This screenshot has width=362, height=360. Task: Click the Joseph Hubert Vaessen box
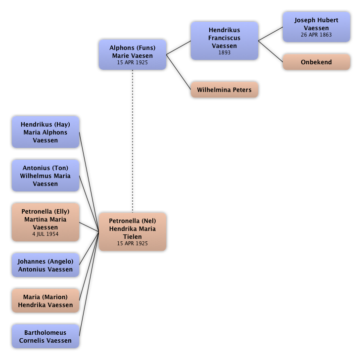tap(316, 27)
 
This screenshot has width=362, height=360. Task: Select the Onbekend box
tap(316, 62)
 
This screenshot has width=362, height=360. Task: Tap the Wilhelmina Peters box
tap(224, 90)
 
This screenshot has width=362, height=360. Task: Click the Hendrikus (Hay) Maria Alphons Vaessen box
tap(45, 132)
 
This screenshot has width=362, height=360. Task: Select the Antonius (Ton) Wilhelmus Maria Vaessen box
tap(45, 176)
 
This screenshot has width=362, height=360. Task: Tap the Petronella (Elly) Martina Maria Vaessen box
tap(45, 222)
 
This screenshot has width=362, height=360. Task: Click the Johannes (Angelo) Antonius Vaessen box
tap(45, 265)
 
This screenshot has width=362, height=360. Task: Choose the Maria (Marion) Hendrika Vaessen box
tap(45, 301)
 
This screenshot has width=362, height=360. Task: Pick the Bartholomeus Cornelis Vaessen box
tap(45, 336)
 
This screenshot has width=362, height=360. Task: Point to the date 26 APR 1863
tap(316, 35)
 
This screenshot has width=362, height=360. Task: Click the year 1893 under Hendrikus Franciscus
tap(224, 53)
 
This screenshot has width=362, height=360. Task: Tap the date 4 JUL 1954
tap(45, 234)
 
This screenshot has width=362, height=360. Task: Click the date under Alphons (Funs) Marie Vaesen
tap(132, 63)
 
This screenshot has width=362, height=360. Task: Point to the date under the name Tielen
tap(132, 244)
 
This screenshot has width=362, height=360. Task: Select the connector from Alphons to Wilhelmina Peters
tap(179, 74)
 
